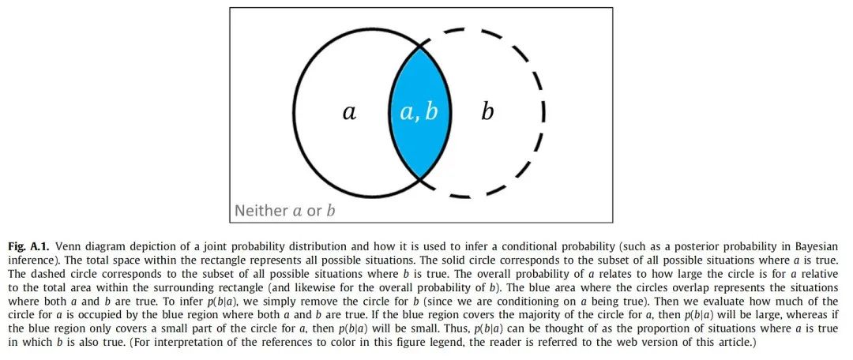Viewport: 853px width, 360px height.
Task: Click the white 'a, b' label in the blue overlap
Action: pos(419,112)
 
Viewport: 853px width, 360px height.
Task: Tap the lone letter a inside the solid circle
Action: pos(349,112)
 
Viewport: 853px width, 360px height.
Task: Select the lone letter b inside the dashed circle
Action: pos(487,112)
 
